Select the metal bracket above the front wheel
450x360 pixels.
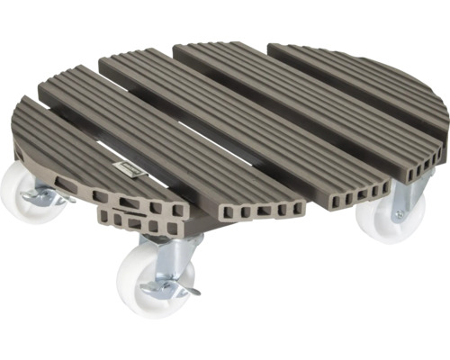coord(175,256)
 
